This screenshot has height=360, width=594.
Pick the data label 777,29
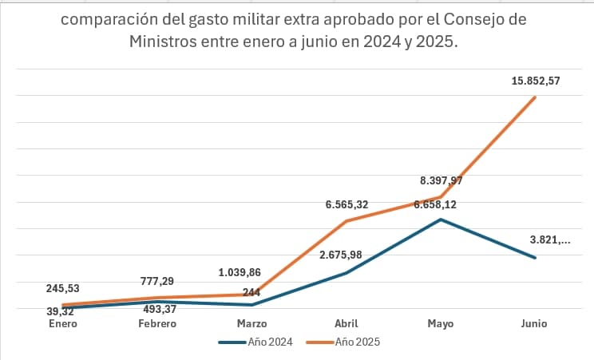156,281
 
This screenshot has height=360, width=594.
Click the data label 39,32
60,311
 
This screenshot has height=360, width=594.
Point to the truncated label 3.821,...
549,239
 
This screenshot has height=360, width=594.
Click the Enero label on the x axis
62,323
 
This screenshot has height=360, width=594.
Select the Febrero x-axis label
156,323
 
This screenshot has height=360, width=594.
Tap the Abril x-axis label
346,323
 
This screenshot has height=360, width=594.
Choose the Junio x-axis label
535,323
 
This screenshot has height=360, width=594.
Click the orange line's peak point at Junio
535,97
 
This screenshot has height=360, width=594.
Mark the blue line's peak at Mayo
441,219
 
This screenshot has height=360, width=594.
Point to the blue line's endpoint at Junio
535,258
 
